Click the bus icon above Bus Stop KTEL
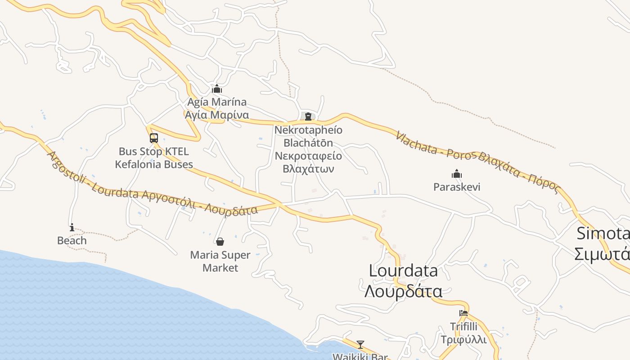coord(154,138)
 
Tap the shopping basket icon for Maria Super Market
coord(220,242)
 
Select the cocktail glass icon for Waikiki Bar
coord(360,345)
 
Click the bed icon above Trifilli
coord(463,313)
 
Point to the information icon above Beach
coord(72,227)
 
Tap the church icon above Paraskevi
coord(457,174)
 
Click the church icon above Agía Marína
coord(217,89)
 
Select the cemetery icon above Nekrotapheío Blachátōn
coord(308,117)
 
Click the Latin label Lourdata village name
coord(403,270)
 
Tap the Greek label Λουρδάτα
coord(403,291)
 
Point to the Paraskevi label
coord(457,187)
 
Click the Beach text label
coord(72,241)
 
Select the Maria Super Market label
coord(220,261)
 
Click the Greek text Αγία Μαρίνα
coord(217,115)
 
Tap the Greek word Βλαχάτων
coord(308,169)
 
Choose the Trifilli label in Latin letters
coord(463,327)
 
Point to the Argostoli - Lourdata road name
coord(94,180)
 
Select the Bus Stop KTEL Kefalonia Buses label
coord(154,158)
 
